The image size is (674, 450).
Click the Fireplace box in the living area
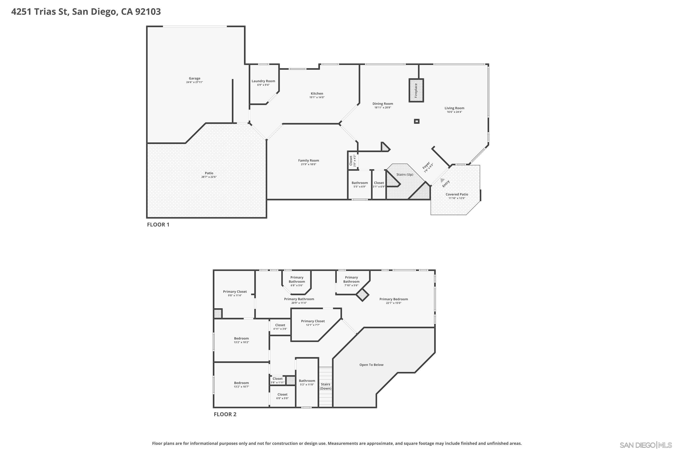click(x=416, y=90)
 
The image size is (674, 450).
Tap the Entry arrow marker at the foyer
click(x=442, y=180)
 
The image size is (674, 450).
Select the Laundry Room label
click(x=263, y=81)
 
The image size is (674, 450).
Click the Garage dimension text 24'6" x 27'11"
click(x=194, y=82)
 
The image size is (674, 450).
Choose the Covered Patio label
click(x=457, y=194)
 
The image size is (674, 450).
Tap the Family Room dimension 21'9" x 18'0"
click(x=308, y=164)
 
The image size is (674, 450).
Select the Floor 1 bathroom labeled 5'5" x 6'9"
click(x=359, y=184)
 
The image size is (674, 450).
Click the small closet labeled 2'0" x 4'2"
click(x=352, y=160)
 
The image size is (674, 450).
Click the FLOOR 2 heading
click(x=225, y=414)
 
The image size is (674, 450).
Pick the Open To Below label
click(x=371, y=365)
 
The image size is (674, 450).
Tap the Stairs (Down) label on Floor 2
click(x=325, y=386)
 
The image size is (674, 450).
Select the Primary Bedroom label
click(x=393, y=299)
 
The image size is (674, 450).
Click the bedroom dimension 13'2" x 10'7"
click(x=241, y=387)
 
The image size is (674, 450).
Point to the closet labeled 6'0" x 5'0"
click(x=282, y=396)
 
